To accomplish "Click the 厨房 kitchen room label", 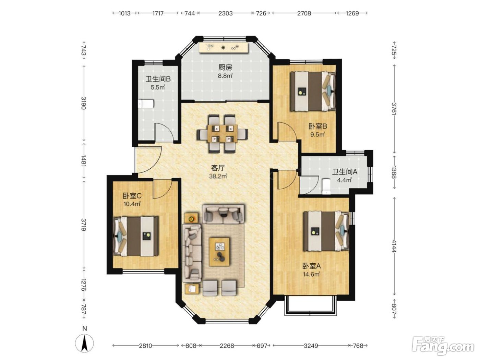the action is coord(225,68).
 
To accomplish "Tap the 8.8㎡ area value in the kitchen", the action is coord(225,76).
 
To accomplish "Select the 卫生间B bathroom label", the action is coord(158,79).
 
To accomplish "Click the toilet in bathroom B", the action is coord(146,104).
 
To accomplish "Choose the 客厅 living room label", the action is coord(218,168).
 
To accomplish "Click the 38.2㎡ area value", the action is coord(218,176).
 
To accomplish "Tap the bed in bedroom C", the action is coord(135,236).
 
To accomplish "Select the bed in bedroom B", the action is coord(313,91).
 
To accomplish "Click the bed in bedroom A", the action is coord(326,231).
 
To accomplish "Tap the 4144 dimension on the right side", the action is coord(394,246).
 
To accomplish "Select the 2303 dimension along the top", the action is coord(225,13).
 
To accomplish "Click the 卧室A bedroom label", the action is coord(312,266).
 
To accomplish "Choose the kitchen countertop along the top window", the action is coord(224,47).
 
